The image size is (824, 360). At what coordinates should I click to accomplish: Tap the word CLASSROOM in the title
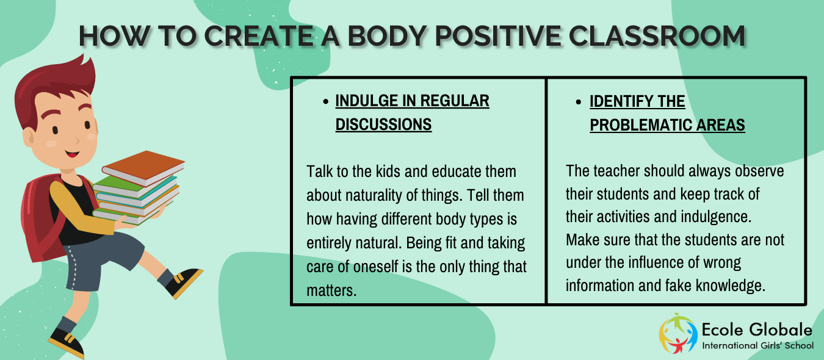coord(657,36)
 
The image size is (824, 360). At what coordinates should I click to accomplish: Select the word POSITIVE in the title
coord(498,36)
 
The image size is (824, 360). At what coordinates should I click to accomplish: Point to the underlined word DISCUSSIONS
coord(384,124)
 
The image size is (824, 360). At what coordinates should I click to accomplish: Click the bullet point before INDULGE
coord(325,101)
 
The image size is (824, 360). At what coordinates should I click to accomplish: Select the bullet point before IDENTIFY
coord(579,102)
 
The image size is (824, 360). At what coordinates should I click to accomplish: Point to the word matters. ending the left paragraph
coord(331,290)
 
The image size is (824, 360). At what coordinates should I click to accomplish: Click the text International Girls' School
coord(758,345)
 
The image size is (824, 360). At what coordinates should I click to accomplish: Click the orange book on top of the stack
coord(143,167)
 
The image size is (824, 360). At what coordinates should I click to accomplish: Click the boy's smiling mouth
coord(72,153)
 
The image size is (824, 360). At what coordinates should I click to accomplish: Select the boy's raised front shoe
coord(183,282)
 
